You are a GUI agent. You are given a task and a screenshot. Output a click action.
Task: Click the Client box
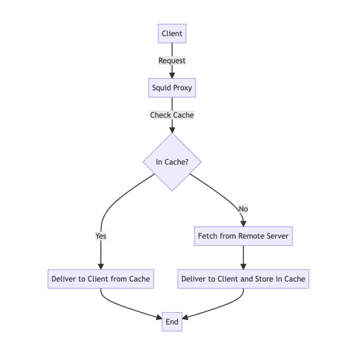click(172, 33)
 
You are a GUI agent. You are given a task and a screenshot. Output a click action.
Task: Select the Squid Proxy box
click(172, 87)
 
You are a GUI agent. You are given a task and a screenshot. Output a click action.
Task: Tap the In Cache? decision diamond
click(172, 162)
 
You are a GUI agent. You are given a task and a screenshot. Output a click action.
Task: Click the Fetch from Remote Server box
click(243, 236)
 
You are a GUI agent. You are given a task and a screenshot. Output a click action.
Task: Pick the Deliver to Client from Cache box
click(100, 279)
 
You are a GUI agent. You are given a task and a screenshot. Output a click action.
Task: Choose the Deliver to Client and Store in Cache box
click(243, 279)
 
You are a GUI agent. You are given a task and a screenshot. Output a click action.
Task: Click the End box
click(172, 322)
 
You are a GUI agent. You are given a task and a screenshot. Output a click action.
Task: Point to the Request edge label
click(172, 60)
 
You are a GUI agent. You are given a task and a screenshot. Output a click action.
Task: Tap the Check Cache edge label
click(172, 115)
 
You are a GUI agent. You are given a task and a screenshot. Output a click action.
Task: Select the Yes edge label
click(100, 236)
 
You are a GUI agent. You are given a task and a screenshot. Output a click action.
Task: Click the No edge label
click(243, 209)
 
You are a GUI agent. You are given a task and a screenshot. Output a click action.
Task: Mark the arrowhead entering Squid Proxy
click(172, 75)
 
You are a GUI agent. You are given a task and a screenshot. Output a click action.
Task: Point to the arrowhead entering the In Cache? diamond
click(172, 129)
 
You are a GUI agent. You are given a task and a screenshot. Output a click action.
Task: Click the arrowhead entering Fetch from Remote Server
click(243, 223)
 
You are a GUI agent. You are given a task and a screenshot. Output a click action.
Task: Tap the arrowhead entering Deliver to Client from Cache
click(100, 266)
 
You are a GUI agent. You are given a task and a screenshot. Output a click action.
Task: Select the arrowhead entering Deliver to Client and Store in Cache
click(243, 266)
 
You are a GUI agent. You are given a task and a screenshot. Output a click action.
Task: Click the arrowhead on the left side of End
click(159, 317)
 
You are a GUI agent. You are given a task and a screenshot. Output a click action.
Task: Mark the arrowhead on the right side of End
click(185, 317)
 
